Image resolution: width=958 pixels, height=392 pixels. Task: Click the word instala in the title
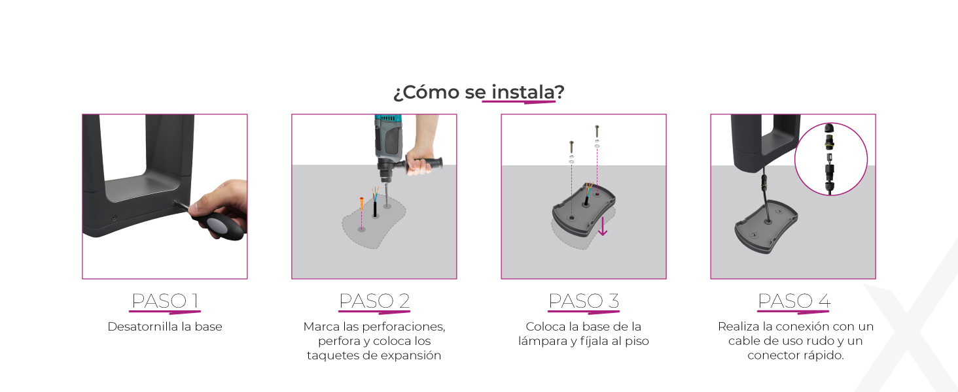[523, 92]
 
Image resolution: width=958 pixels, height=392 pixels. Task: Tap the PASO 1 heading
[165, 301]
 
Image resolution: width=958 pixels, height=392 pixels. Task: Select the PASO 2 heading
[374, 301]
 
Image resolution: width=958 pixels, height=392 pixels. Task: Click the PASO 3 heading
[584, 301]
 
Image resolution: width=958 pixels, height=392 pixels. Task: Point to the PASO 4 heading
[794, 301]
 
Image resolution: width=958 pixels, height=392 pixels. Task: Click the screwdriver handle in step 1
[221, 225]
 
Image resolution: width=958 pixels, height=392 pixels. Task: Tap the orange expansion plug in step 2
[362, 204]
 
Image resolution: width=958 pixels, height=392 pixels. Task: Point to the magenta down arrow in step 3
[603, 226]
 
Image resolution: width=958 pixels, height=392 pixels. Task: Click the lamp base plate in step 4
[766, 226]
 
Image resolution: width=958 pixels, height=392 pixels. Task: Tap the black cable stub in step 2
[375, 209]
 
